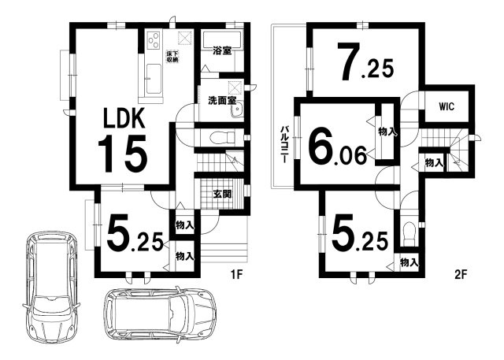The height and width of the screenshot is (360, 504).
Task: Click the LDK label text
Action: click(x=124, y=118)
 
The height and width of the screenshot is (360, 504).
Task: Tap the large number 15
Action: click(x=123, y=154)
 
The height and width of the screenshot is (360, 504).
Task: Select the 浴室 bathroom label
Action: click(x=222, y=50)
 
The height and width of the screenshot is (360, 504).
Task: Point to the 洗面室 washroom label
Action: click(x=222, y=101)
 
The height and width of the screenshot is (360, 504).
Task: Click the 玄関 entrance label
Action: click(x=222, y=194)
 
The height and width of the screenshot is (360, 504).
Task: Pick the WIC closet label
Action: click(x=447, y=106)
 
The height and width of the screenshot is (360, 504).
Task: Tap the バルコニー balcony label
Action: click(x=284, y=144)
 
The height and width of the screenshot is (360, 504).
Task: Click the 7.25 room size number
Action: click(x=365, y=61)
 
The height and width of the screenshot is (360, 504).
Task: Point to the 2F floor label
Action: click(x=460, y=274)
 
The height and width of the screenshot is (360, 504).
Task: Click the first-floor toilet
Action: click(x=222, y=138)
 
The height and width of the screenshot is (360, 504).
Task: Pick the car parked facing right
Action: click(x=160, y=314)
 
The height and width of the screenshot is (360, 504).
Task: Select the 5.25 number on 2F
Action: click(x=359, y=234)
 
